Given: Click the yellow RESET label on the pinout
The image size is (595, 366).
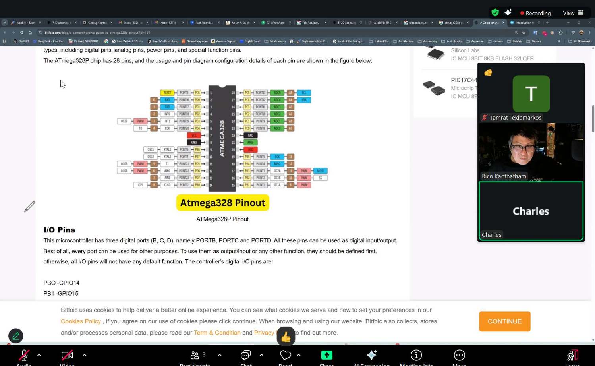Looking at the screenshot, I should [x=167, y=93].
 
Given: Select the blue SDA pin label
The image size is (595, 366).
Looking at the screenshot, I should [x=304, y=100].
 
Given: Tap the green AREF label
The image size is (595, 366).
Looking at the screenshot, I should [x=250, y=142].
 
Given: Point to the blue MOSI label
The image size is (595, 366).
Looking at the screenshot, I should [x=320, y=171].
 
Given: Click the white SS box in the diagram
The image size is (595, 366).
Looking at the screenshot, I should [x=320, y=178].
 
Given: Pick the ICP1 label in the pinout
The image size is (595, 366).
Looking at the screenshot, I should [x=140, y=185].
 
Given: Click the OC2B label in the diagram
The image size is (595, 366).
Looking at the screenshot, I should [x=124, y=121].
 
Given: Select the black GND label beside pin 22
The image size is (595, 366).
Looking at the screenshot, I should [x=250, y=136].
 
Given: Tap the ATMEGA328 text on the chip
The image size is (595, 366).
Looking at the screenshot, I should [x=222, y=138].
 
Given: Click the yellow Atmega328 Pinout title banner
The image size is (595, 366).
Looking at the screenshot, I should [x=222, y=203].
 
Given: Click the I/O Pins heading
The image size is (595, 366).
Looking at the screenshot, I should [x=59, y=230].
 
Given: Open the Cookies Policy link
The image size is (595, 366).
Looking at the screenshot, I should [x=81, y=321].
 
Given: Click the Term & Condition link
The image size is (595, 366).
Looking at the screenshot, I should [x=217, y=333].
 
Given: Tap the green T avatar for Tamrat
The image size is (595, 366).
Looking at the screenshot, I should [x=531, y=94].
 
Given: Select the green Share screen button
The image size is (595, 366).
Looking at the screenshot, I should [x=326, y=355].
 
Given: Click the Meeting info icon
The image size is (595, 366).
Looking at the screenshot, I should [x=416, y=355].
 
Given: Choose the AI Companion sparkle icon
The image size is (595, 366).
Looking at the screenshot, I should [x=372, y=355].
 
